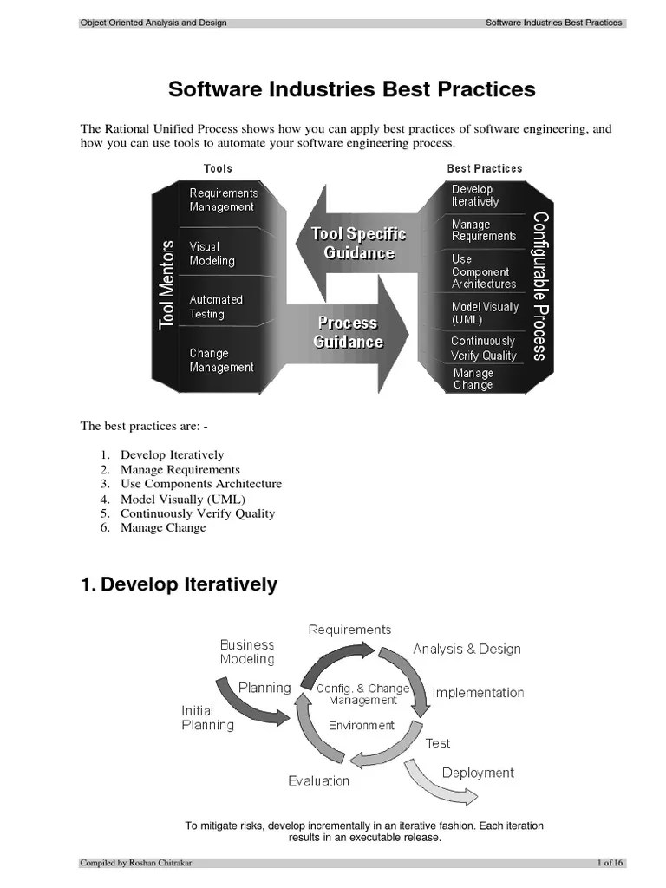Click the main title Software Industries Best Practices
click(351, 89)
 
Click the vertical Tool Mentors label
click(168, 284)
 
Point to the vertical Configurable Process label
click(539, 285)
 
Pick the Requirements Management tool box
click(223, 199)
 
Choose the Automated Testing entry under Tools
click(217, 307)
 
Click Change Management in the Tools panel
click(221, 360)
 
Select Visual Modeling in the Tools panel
click(212, 253)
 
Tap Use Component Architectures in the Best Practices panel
click(483, 271)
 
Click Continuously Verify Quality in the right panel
click(483, 348)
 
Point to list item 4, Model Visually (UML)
click(182, 499)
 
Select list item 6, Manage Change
click(163, 527)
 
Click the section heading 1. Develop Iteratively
click(180, 584)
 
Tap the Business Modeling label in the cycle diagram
click(247, 651)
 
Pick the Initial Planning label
click(207, 717)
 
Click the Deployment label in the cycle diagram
click(478, 773)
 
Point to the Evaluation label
click(319, 780)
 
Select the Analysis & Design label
click(467, 649)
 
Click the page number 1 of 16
click(610, 862)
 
